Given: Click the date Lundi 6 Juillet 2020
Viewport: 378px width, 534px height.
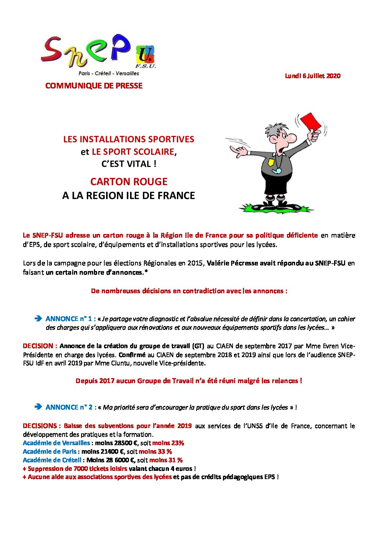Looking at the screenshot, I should [313, 76].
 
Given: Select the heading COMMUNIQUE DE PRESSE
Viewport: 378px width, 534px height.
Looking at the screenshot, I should [94, 86].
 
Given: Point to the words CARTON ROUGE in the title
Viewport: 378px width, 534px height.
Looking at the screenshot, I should [129, 182].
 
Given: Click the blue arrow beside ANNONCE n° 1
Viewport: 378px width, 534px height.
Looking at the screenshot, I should [38, 319].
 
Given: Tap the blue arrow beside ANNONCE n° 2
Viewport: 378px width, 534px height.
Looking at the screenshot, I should [38, 407].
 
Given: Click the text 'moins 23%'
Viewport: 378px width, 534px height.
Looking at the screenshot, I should [168, 443].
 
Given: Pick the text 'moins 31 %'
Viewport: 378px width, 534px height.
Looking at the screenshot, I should [166, 460].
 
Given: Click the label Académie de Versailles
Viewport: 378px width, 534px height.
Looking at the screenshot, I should [56, 443].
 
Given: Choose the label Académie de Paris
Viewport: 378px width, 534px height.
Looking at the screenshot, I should [49, 452].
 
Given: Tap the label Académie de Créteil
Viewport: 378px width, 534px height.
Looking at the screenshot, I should [52, 460].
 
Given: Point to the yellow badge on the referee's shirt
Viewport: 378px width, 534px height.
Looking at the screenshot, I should [271, 162].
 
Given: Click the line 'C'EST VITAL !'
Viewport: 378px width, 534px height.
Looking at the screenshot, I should [129, 164].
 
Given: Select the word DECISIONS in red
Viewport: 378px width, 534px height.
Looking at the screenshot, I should [40, 426].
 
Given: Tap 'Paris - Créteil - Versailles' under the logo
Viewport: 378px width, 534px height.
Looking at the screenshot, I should [109, 73].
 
